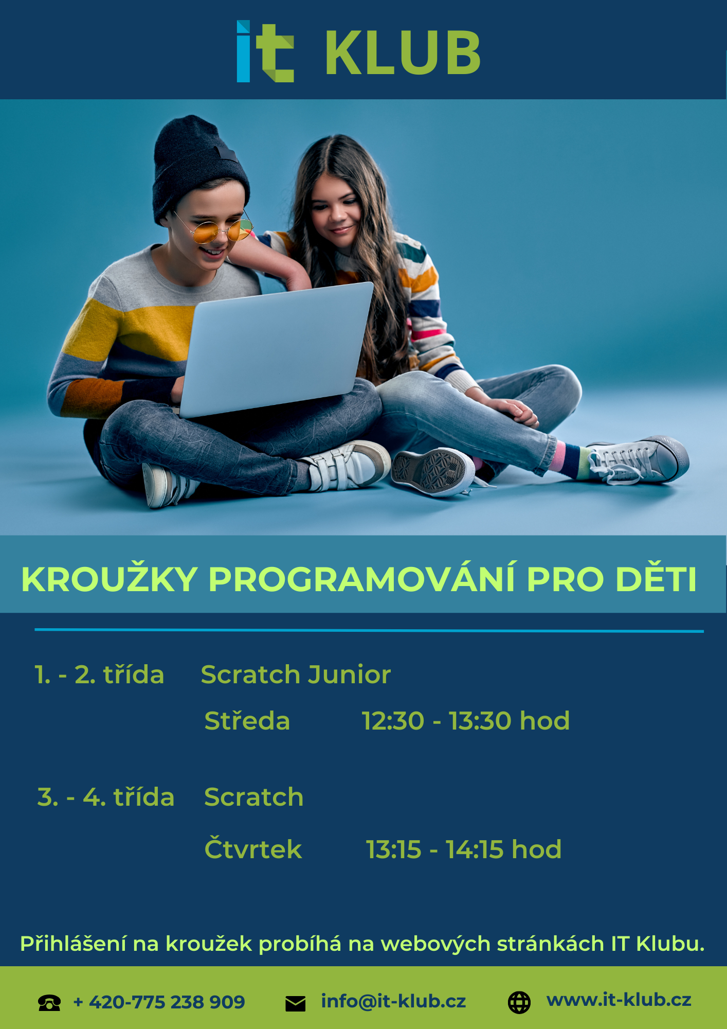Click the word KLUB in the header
[403, 52]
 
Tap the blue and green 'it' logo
[265, 51]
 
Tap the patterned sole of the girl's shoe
[429, 471]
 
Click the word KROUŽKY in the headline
[110, 579]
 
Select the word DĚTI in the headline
[656, 579]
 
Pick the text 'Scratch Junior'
[296, 675]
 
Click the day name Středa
[247, 720]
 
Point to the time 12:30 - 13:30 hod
[466, 720]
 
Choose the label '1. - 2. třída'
[99, 675]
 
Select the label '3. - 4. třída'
[106, 797]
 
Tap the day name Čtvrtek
[253, 848]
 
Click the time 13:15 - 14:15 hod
[464, 849]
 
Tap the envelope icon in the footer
[295, 1003]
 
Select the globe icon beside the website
[519, 1002]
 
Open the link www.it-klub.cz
[619, 1000]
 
